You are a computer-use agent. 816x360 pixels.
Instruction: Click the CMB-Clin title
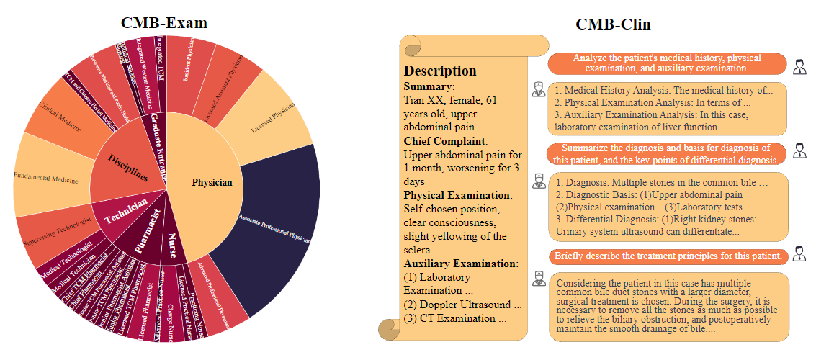[x=613, y=24]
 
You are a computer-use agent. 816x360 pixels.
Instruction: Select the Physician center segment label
[x=212, y=182]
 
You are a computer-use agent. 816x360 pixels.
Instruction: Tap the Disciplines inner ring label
[x=128, y=167]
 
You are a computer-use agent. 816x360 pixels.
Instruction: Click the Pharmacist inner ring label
[x=148, y=231]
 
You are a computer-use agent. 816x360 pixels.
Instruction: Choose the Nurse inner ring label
[x=172, y=245]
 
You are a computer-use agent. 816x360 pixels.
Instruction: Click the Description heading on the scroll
[x=440, y=71]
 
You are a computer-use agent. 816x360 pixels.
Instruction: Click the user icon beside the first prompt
[x=799, y=67]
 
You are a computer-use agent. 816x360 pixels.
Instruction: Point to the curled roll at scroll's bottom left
[x=389, y=330]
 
